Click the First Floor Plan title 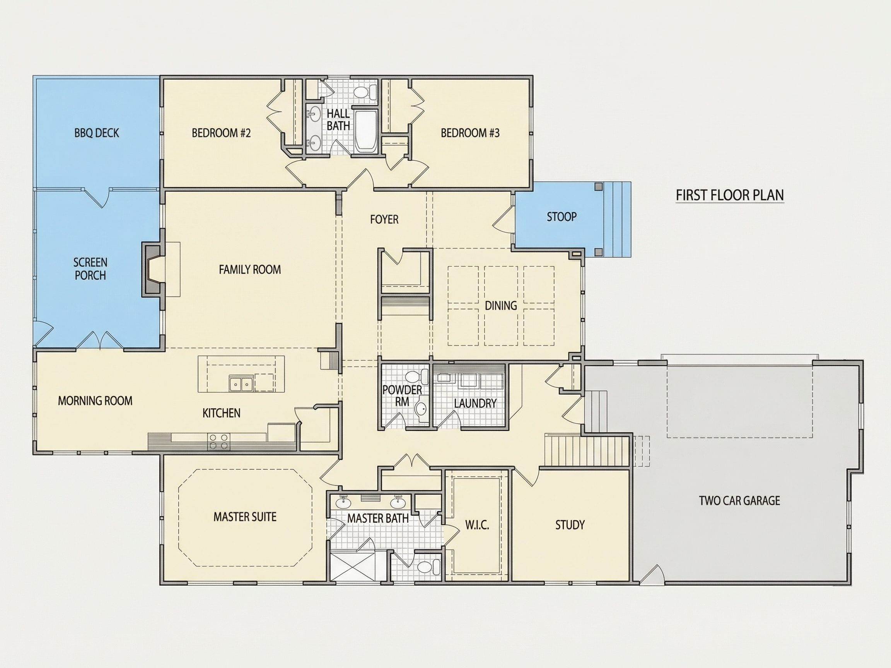(x=729, y=195)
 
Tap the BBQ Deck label (x=97, y=133)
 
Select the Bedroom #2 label (x=221, y=133)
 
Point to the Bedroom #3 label (x=470, y=133)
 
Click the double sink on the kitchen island (x=241, y=384)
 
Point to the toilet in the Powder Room (x=417, y=377)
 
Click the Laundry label (x=475, y=403)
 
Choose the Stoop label (x=562, y=217)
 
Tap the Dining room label (x=501, y=306)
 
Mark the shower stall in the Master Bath (x=352, y=566)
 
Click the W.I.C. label (x=477, y=525)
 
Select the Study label (x=570, y=525)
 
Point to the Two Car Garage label (x=739, y=501)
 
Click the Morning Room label (x=95, y=400)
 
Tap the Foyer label (x=384, y=220)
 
